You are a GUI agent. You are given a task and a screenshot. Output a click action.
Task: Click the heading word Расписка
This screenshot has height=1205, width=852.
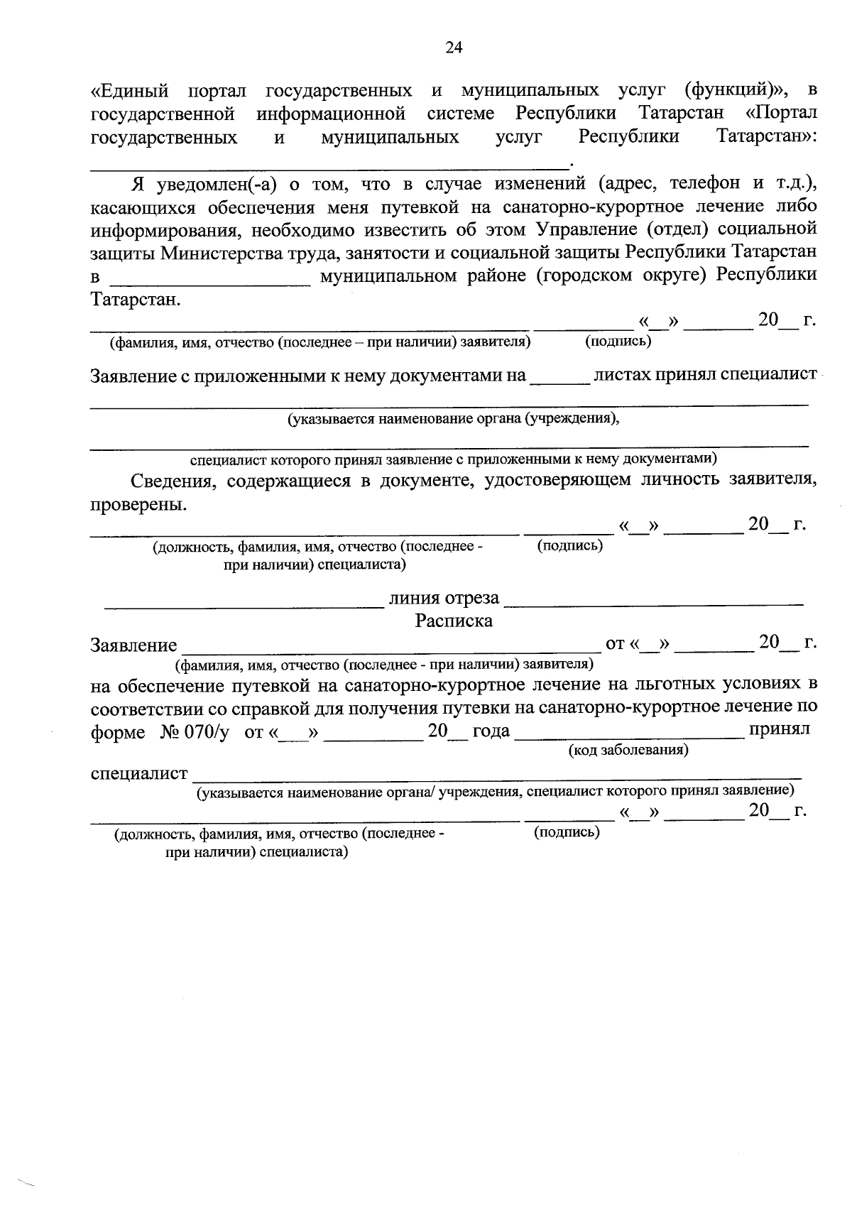454,621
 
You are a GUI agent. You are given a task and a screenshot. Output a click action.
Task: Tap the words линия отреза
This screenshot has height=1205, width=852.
444,599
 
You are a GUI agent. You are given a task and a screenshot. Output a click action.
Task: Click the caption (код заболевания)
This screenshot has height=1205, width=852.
628,750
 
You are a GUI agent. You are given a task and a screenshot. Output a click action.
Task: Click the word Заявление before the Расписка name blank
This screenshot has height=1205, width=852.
134,645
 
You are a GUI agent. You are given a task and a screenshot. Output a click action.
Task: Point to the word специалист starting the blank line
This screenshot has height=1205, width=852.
139,773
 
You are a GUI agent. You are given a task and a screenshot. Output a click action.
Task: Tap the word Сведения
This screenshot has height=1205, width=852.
174,481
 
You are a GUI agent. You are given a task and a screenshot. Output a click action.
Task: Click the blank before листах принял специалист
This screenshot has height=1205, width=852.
559,376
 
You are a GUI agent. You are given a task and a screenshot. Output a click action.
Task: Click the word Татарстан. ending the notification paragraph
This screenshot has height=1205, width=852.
136,300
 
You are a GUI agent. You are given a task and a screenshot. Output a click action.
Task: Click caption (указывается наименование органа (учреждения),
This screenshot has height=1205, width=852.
453,419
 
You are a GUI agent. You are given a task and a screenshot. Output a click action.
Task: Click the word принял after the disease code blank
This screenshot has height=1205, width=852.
780,730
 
